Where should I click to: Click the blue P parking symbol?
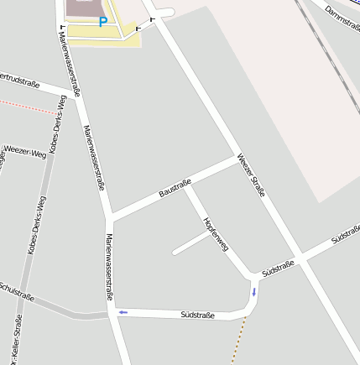point(102,23)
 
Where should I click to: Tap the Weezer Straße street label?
point(251,175)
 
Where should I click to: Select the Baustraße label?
point(175,188)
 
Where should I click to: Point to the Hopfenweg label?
point(216,234)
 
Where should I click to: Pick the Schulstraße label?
point(17,290)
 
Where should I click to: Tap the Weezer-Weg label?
point(25,151)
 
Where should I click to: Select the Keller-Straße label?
point(16,340)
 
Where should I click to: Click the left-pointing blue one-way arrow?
point(123,312)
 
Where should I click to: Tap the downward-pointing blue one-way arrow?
point(254,291)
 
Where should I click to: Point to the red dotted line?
point(29,107)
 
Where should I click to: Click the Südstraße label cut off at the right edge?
point(346,234)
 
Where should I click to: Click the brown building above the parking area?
point(81,8)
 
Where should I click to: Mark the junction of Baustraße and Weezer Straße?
point(237,157)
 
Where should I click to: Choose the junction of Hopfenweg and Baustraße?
point(185,183)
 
